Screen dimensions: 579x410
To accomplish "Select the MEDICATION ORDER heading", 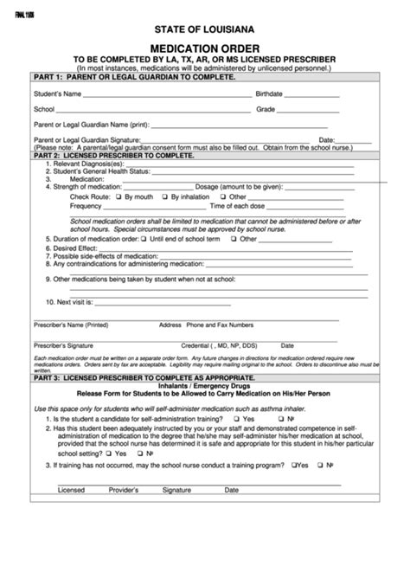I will tap(205, 48).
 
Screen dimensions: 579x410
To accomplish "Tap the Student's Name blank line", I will tap(168, 94).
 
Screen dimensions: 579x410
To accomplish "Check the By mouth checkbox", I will tap(119, 197).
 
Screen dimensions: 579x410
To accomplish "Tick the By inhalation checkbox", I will tap(164, 197).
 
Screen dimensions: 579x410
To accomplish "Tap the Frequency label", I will tap(86, 206).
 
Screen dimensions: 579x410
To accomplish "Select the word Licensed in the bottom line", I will tap(71, 490).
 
